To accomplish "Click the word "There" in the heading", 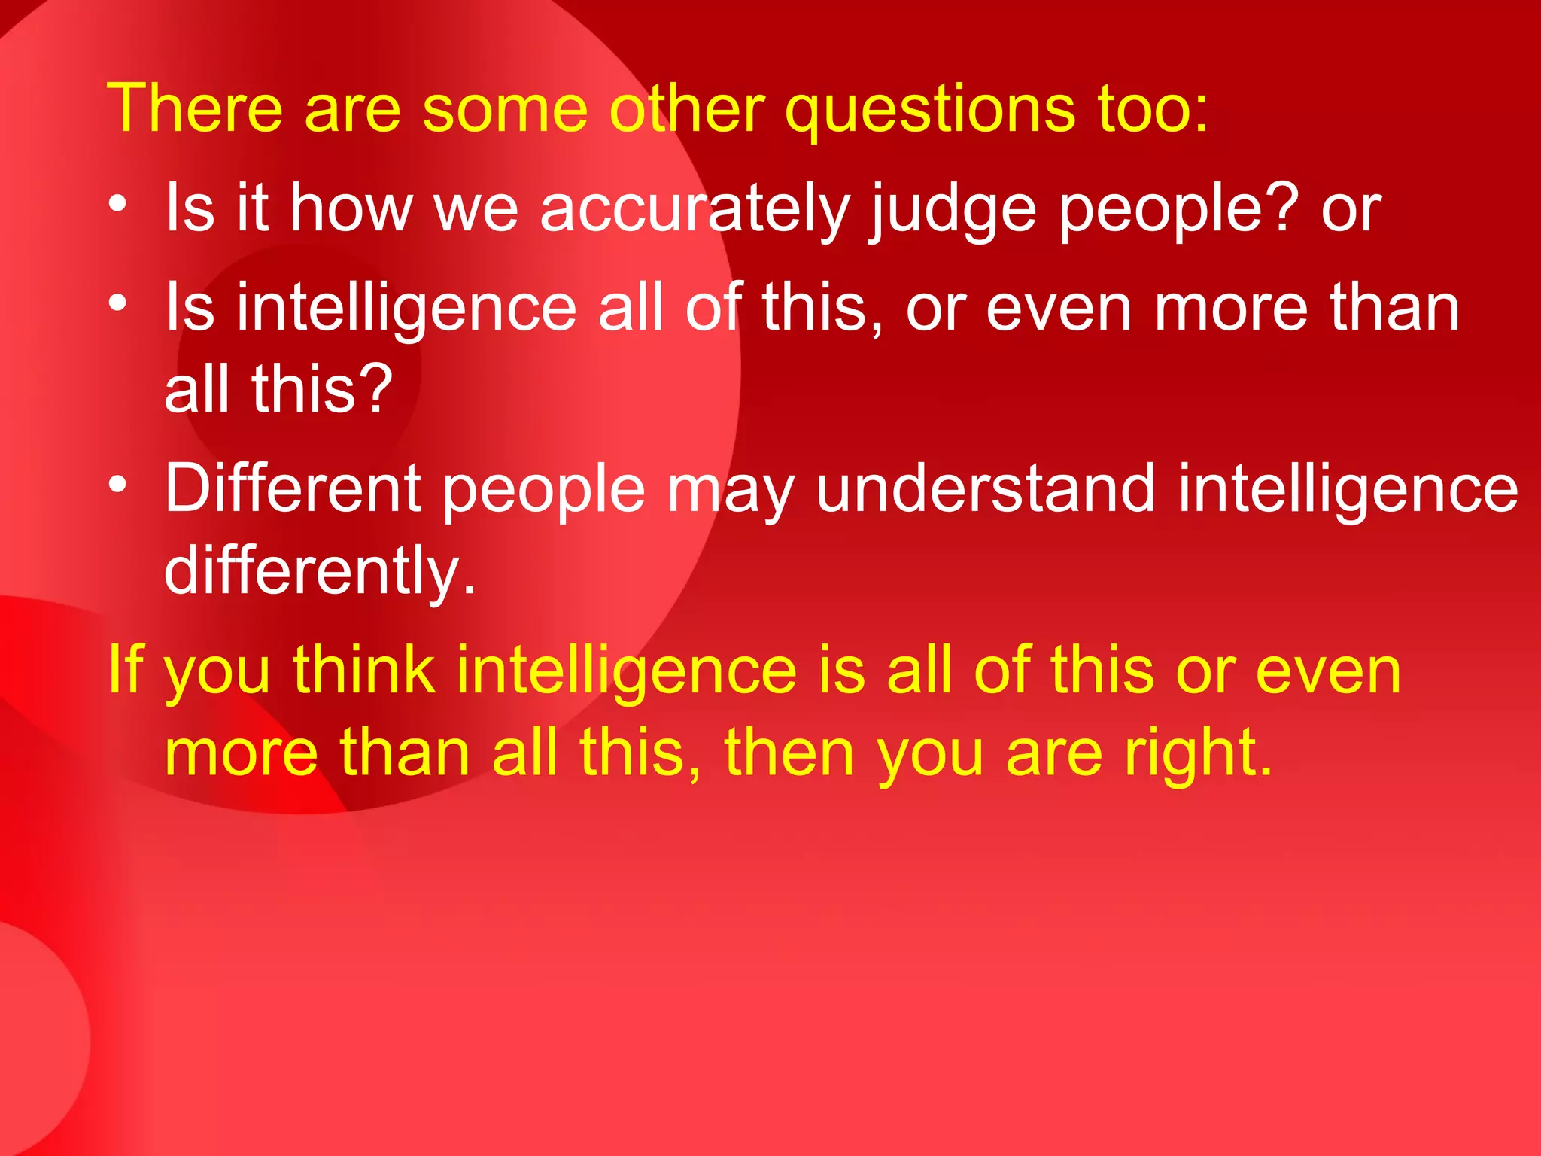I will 195,109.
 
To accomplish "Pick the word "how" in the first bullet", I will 351,208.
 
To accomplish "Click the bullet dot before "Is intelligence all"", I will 117,303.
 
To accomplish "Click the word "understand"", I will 985,489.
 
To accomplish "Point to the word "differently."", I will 321,572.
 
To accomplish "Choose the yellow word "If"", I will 125,670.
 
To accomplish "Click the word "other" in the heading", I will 687,109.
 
